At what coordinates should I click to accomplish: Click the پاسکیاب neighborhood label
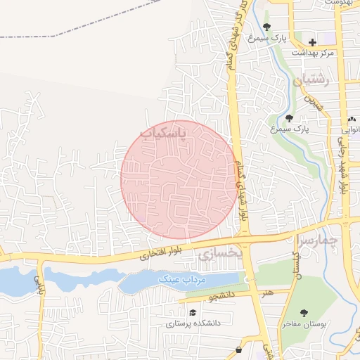(x=164, y=133)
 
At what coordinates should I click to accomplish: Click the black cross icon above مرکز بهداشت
(x=313, y=43)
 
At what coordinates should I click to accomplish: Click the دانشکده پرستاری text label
(x=192, y=323)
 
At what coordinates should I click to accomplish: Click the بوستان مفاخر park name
(x=304, y=323)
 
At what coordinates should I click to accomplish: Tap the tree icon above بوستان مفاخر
(x=304, y=313)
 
